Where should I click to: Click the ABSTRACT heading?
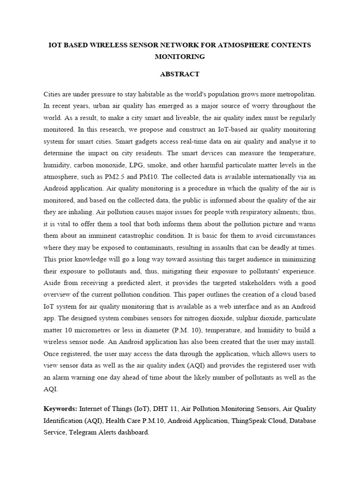(180, 74)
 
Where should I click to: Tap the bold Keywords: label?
(60, 409)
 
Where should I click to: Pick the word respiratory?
(252, 211)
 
